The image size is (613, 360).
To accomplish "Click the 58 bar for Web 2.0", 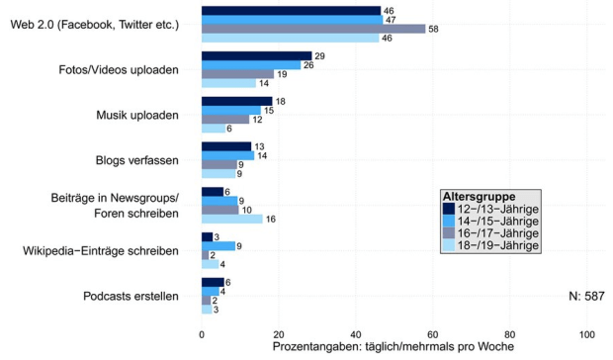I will pyautogui.click(x=312, y=29).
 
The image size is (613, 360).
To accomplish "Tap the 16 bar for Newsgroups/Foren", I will pyautogui.click(x=231, y=219).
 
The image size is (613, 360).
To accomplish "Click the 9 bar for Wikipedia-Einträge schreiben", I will pyautogui.click(x=218, y=245).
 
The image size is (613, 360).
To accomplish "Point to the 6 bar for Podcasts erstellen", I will pyautogui.click(x=213, y=282).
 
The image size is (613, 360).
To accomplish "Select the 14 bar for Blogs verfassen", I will pyautogui.click(x=227, y=155).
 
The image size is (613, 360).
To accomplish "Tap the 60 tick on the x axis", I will pyautogui.click(x=432, y=334).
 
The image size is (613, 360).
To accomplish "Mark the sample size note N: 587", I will pyautogui.click(x=587, y=296).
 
